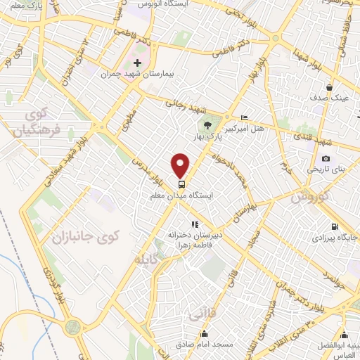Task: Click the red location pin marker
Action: click(x=181, y=166)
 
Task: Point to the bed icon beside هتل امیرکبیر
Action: click(x=244, y=117)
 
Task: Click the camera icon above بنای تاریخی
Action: click(x=325, y=159)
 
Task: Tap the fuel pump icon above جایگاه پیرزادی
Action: click(x=333, y=227)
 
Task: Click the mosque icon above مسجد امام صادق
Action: click(x=205, y=335)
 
